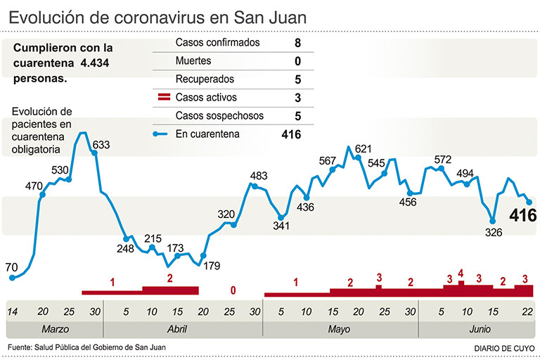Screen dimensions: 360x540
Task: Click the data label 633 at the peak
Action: point(101,146)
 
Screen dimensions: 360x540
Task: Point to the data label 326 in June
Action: point(494,233)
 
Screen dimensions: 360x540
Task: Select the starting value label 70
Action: point(11,267)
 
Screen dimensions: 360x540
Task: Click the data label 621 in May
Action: point(363,148)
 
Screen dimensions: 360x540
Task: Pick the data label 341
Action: point(281,226)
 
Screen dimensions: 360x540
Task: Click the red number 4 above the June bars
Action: point(461,273)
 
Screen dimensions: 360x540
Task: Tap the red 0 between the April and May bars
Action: point(233,290)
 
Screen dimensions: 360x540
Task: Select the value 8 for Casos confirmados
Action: point(297,43)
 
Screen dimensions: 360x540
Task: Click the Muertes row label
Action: point(193,61)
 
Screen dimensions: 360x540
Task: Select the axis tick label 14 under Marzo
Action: point(12,311)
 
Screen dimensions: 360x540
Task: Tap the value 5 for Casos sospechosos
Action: point(297,116)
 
